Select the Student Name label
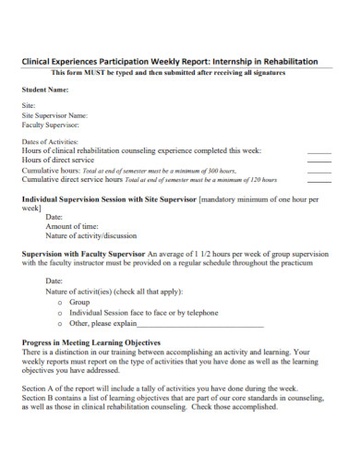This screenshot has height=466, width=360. pos(45,90)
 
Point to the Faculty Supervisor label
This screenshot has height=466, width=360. pos(50,124)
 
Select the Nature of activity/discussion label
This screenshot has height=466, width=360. pos(93,235)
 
